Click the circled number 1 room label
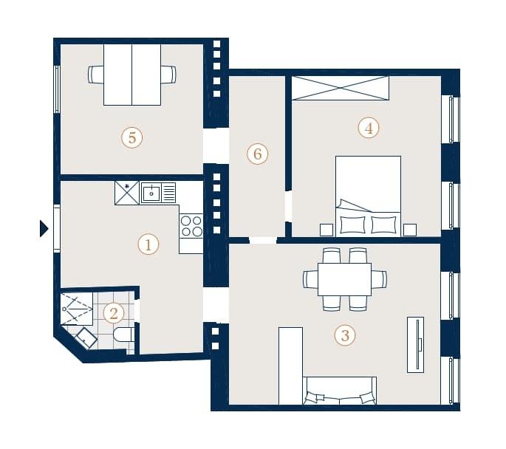click(148, 244)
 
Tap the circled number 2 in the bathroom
click(114, 313)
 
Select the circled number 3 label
click(345, 335)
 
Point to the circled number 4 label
click(369, 128)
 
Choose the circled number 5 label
click(132, 138)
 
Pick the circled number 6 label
click(257, 154)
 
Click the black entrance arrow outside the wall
click(44, 229)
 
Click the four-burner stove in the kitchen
click(191, 226)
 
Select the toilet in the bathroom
click(124, 335)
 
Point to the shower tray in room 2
click(77, 309)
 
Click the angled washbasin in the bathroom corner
click(86, 338)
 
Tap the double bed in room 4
click(368, 196)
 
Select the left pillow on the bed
click(353, 224)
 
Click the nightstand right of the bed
click(410, 230)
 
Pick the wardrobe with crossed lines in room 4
click(340, 88)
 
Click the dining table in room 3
click(344, 279)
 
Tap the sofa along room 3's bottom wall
click(340, 391)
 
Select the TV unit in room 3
click(415, 345)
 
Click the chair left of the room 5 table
click(96, 75)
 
